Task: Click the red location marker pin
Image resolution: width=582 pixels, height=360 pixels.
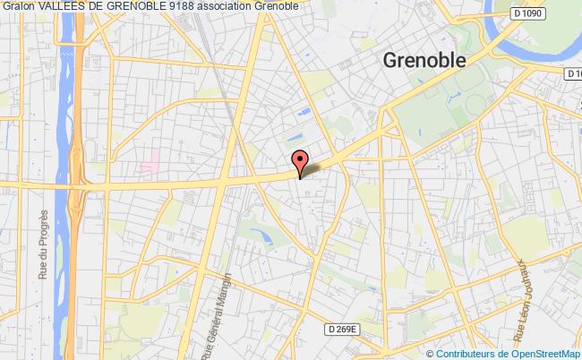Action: (300, 161)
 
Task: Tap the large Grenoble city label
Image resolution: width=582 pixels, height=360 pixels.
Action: (424, 61)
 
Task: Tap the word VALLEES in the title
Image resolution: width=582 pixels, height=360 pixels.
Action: (62, 6)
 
